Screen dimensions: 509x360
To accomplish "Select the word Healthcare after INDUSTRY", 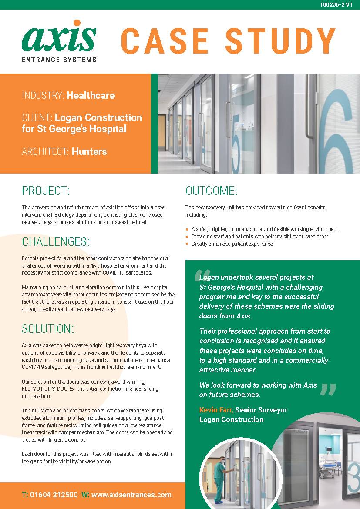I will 91,95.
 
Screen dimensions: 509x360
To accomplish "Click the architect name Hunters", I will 89,151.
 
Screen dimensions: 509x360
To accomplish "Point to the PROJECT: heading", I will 46,191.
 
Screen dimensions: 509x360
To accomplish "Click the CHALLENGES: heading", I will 56,241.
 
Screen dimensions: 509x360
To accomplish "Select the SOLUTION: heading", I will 48,328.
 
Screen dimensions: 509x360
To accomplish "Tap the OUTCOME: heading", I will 211,191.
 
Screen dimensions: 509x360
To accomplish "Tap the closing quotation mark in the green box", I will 327,389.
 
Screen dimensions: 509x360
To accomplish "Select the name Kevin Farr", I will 216,410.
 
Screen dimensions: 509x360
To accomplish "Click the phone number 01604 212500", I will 54,495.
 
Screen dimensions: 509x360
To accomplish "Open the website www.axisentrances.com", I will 131,495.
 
